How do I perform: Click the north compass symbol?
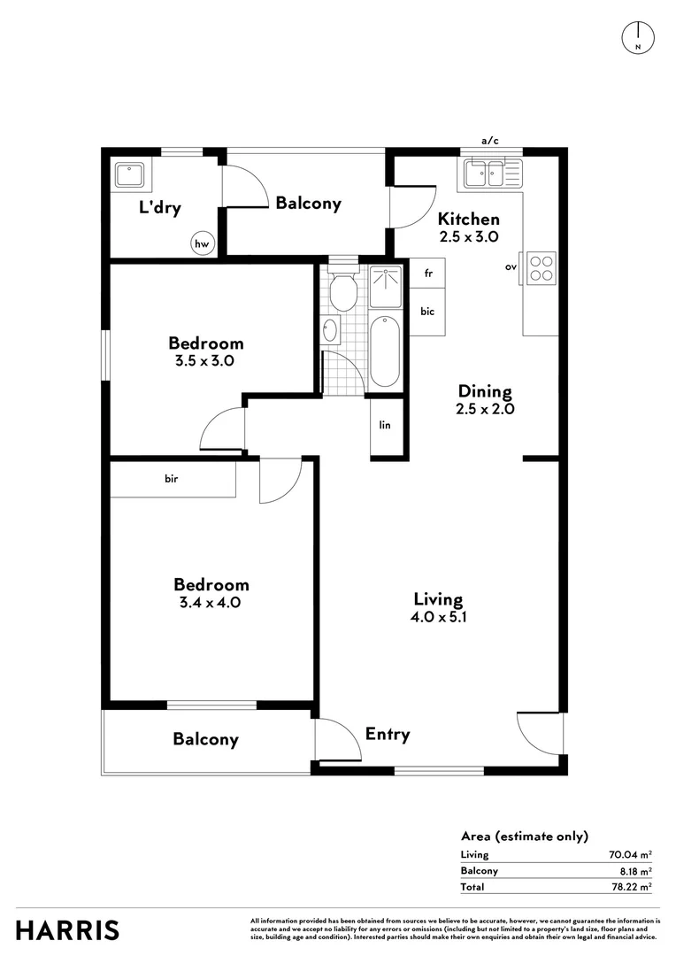(638, 36)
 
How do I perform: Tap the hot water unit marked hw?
(203, 243)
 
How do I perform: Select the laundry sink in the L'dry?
(130, 174)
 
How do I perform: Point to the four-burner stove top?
(541, 268)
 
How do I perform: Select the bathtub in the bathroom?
(384, 350)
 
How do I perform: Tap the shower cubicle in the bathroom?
(385, 282)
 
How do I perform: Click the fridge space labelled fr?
(427, 274)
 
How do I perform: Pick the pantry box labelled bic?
(427, 311)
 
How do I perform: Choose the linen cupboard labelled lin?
(386, 426)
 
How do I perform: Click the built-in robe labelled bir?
(173, 479)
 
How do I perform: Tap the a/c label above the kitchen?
(490, 141)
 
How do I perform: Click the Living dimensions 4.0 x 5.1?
(437, 618)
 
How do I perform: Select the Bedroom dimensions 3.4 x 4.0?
(211, 603)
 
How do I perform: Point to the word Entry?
(388, 734)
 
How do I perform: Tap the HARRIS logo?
(67, 930)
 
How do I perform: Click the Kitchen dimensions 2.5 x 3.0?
(469, 237)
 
